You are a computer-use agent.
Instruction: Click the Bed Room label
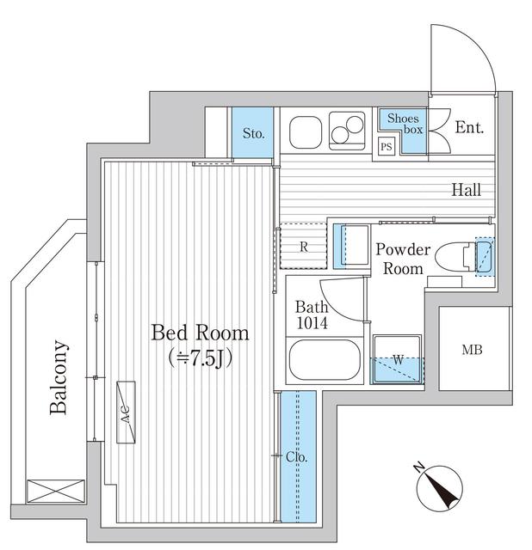pos(200,333)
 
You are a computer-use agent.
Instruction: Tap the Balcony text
pos(58,377)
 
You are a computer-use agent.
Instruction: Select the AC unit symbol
pos(126,412)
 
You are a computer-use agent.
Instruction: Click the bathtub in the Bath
pos(325,359)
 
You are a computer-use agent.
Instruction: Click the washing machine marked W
pos(398,359)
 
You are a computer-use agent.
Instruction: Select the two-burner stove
pos(347,131)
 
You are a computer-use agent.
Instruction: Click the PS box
pos(387,146)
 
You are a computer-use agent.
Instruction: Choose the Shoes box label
pos(405,124)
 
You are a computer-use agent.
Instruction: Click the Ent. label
pos(469,127)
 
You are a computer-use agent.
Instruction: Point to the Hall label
pos(467,190)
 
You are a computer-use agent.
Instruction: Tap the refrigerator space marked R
pos(304,247)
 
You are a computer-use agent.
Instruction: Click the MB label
pos(473,350)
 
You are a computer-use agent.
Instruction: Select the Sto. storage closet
pos(252,132)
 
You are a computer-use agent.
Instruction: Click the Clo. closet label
pos(297,456)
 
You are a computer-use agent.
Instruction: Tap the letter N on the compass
pos(418,467)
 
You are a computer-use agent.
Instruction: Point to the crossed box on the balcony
pos(56,492)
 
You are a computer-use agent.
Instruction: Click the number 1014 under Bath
pos(312,323)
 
